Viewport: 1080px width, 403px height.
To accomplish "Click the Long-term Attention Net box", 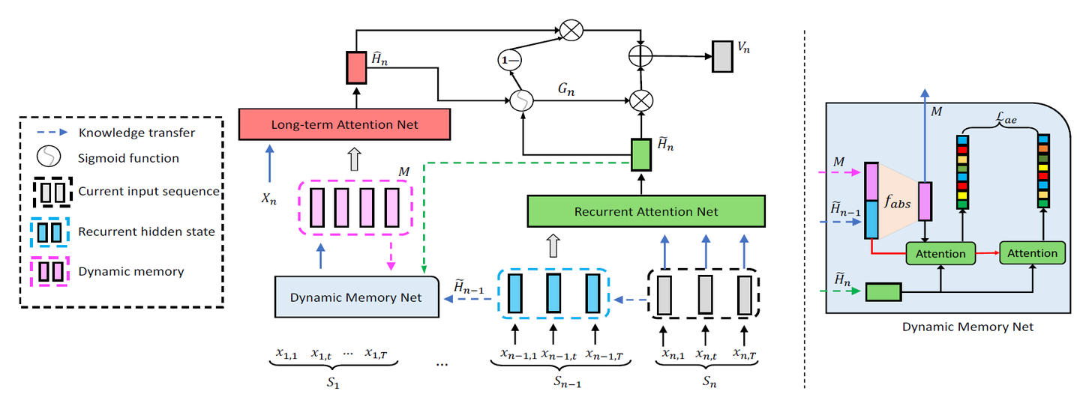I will pyautogui.click(x=344, y=124).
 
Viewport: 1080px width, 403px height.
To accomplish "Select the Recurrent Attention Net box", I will pyautogui.click(x=646, y=211).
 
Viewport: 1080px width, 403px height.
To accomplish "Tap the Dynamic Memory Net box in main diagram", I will pyautogui.click(x=356, y=297).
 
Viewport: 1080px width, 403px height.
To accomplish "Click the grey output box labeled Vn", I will pyautogui.click(x=721, y=56).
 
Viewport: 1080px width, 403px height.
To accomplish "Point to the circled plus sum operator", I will pyautogui.click(x=640, y=56).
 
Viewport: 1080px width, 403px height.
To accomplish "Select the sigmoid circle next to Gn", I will pyautogui.click(x=520, y=100).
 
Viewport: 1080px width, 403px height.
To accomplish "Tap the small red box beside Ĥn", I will pyautogui.click(x=355, y=68).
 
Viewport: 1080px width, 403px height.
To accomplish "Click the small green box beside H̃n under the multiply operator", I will pyautogui.click(x=640, y=155).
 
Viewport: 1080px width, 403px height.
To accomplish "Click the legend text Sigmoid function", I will pyautogui.click(x=128, y=158).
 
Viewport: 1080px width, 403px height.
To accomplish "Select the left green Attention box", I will pyautogui.click(x=940, y=253).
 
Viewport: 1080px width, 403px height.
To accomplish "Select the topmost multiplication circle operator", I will pyautogui.click(x=572, y=31).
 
